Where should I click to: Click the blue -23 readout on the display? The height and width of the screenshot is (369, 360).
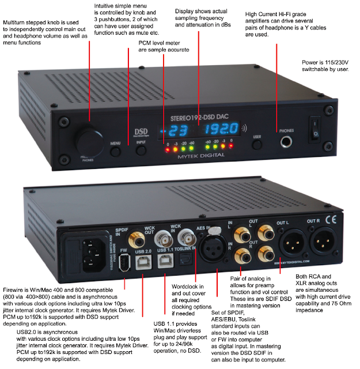(x=175, y=130)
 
